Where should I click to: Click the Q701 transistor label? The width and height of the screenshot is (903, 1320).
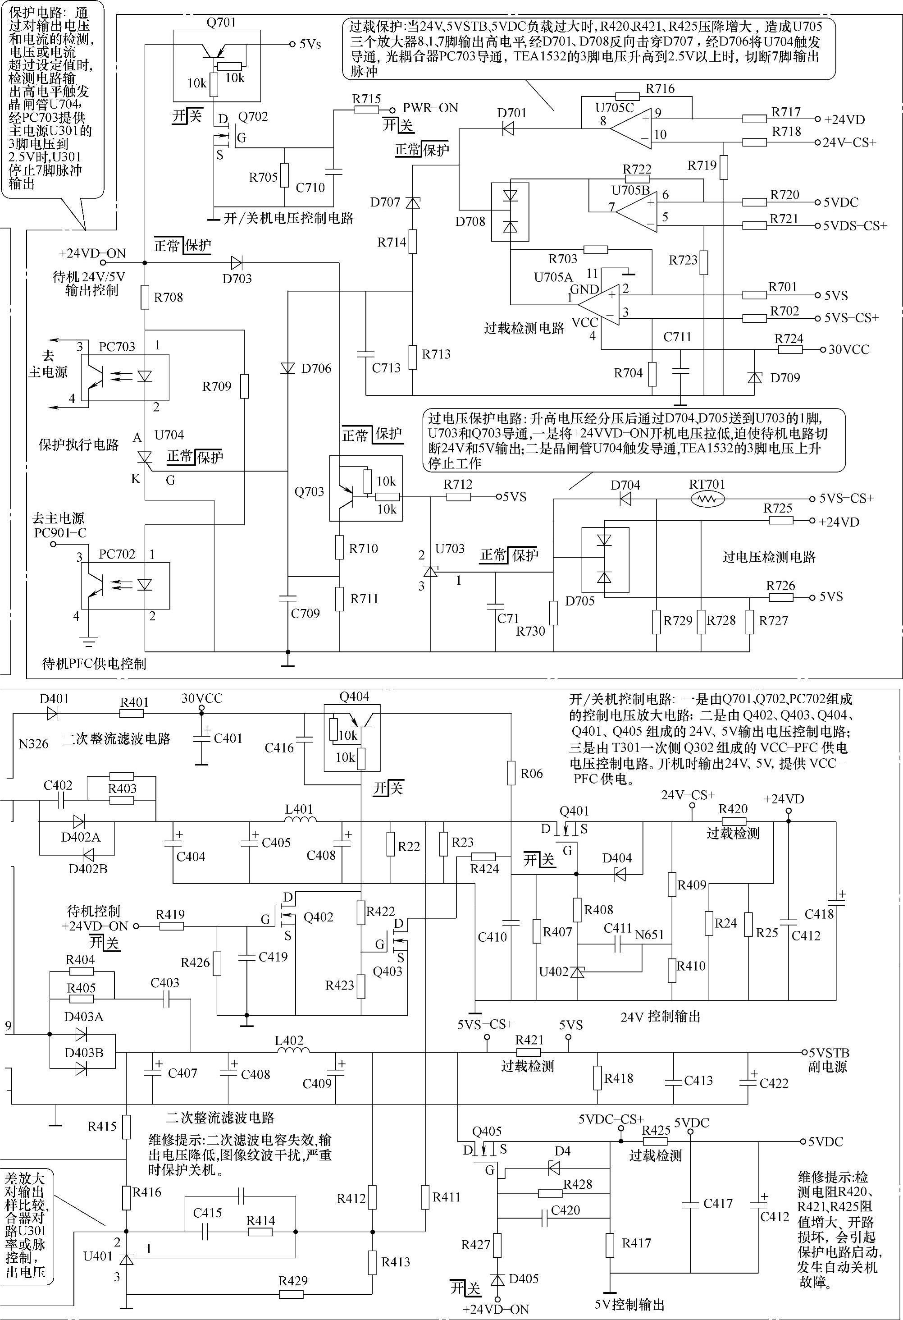tap(221, 23)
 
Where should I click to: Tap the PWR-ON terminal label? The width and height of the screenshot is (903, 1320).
tap(430, 108)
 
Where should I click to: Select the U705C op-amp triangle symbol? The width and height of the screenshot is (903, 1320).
tap(630, 128)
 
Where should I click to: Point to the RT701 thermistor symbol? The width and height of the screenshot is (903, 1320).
tap(707, 499)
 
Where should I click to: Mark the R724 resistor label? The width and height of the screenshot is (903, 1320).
tap(789, 339)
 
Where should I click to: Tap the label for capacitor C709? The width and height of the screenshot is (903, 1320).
tap(305, 614)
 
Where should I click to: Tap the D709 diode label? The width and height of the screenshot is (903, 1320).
tap(785, 378)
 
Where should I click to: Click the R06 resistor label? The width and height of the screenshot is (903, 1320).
tap(532, 774)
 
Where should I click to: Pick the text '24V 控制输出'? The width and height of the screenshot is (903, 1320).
tap(660, 1016)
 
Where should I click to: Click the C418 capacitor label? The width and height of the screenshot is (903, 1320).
tap(820, 914)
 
